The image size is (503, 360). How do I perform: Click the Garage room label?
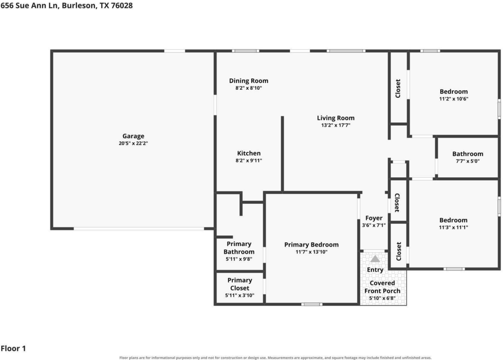pyautogui.click(x=133, y=136)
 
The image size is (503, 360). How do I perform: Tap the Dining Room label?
pyautogui.click(x=249, y=81)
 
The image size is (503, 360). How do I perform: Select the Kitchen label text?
pyautogui.click(x=249, y=153)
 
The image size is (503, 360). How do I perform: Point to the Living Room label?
pyautogui.click(x=335, y=118)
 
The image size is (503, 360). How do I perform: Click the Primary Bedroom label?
pyautogui.click(x=311, y=245)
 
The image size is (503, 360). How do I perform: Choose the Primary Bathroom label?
pyautogui.click(x=239, y=248)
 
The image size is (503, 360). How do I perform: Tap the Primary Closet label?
pyautogui.click(x=240, y=284)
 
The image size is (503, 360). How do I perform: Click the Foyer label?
pyautogui.click(x=374, y=218)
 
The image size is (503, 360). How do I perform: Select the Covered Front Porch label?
pyautogui.click(x=382, y=287)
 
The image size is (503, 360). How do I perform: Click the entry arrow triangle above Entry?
pyautogui.click(x=375, y=259)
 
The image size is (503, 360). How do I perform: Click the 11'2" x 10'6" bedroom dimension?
pyautogui.click(x=453, y=99)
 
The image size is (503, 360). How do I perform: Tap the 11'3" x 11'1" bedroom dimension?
pyautogui.click(x=453, y=227)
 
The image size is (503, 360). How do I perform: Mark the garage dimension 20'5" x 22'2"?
pyautogui.click(x=133, y=143)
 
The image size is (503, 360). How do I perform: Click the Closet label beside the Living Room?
pyautogui.click(x=398, y=88)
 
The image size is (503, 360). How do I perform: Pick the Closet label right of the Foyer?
pyautogui.click(x=397, y=203)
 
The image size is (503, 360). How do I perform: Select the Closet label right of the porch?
pyautogui.click(x=398, y=251)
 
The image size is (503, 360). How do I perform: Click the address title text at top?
pyautogui.click(x=66, y=5)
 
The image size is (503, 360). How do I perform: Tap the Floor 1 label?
pyautogui.click(x=13, y=348)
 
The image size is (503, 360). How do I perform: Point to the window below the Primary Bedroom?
pyautogui.click(x=311, y=304)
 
